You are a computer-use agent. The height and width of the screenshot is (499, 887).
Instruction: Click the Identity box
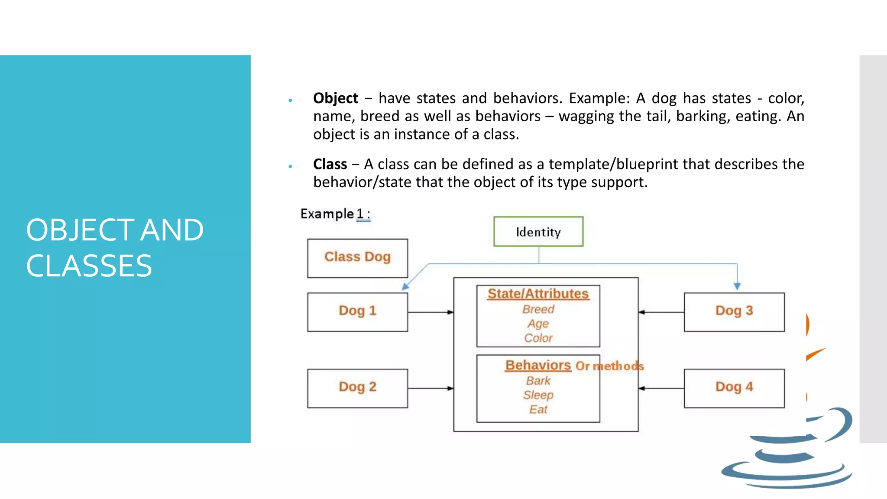click(x=538, y=232)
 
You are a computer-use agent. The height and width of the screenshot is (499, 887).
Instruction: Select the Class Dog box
click(x=357, y=258)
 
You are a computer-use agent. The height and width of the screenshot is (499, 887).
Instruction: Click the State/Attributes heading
click(x=538, y=294)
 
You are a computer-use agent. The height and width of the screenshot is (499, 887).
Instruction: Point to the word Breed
click(x=538, y=309)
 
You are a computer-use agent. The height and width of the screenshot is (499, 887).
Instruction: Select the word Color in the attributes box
click(x=538, y=338)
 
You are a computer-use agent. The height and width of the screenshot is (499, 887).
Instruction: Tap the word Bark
click(x=538, y=381)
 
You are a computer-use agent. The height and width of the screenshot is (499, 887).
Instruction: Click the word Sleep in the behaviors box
click(x=538, y=395)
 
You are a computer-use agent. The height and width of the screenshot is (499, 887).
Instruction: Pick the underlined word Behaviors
click(x=538, y=365)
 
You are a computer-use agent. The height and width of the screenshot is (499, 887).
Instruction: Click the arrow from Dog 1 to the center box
click(x=431, y=312)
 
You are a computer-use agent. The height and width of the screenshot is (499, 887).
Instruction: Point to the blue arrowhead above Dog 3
click(x=737, y=286)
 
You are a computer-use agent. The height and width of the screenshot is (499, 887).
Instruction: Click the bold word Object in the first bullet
click(x=336, y=98)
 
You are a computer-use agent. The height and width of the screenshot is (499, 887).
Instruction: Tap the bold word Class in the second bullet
click(x=330, y=164)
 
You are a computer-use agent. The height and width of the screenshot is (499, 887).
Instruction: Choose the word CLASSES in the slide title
click(x=89, y=266)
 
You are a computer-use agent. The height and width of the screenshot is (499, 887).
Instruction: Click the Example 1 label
click(x=335, y=214)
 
